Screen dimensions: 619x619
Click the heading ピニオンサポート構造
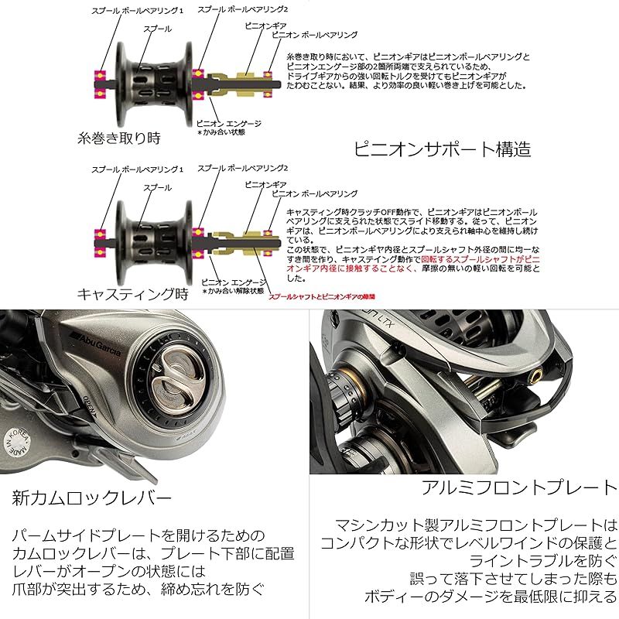click(442, 148)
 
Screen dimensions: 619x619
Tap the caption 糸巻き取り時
click(118, 139)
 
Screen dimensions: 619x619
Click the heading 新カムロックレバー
click(91, 496)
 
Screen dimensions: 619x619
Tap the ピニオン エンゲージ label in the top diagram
click(229, 123)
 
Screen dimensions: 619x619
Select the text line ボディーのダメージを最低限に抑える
click(491, 597)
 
